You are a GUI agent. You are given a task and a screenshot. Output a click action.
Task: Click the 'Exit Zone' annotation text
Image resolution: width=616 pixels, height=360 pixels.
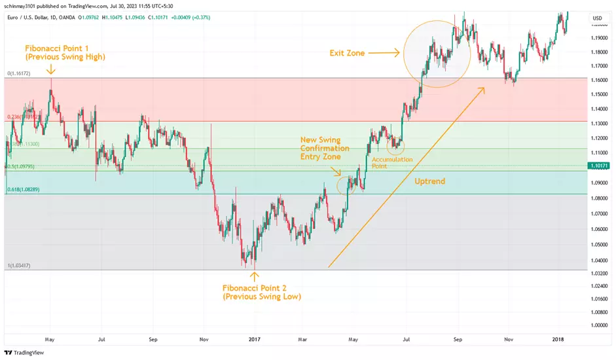tap(346, 53)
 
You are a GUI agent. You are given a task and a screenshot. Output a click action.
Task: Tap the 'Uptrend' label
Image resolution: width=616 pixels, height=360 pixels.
tap(430, 180)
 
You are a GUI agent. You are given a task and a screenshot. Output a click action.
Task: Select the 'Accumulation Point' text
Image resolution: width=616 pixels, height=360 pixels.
tap(392, 163)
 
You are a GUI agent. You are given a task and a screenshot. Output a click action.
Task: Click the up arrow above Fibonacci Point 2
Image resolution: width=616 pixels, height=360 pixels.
tap(254, 277)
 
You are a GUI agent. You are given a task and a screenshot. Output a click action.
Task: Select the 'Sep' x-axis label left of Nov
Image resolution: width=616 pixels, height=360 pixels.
tap(153, 340)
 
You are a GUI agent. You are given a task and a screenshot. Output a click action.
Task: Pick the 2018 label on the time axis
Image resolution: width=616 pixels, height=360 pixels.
tap(558, 340)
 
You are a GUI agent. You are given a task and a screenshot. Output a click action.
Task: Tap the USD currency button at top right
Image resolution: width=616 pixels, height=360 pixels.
tap(597, 18)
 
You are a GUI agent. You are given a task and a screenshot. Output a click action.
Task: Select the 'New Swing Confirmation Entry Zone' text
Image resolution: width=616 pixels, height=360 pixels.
tap(325, 148)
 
